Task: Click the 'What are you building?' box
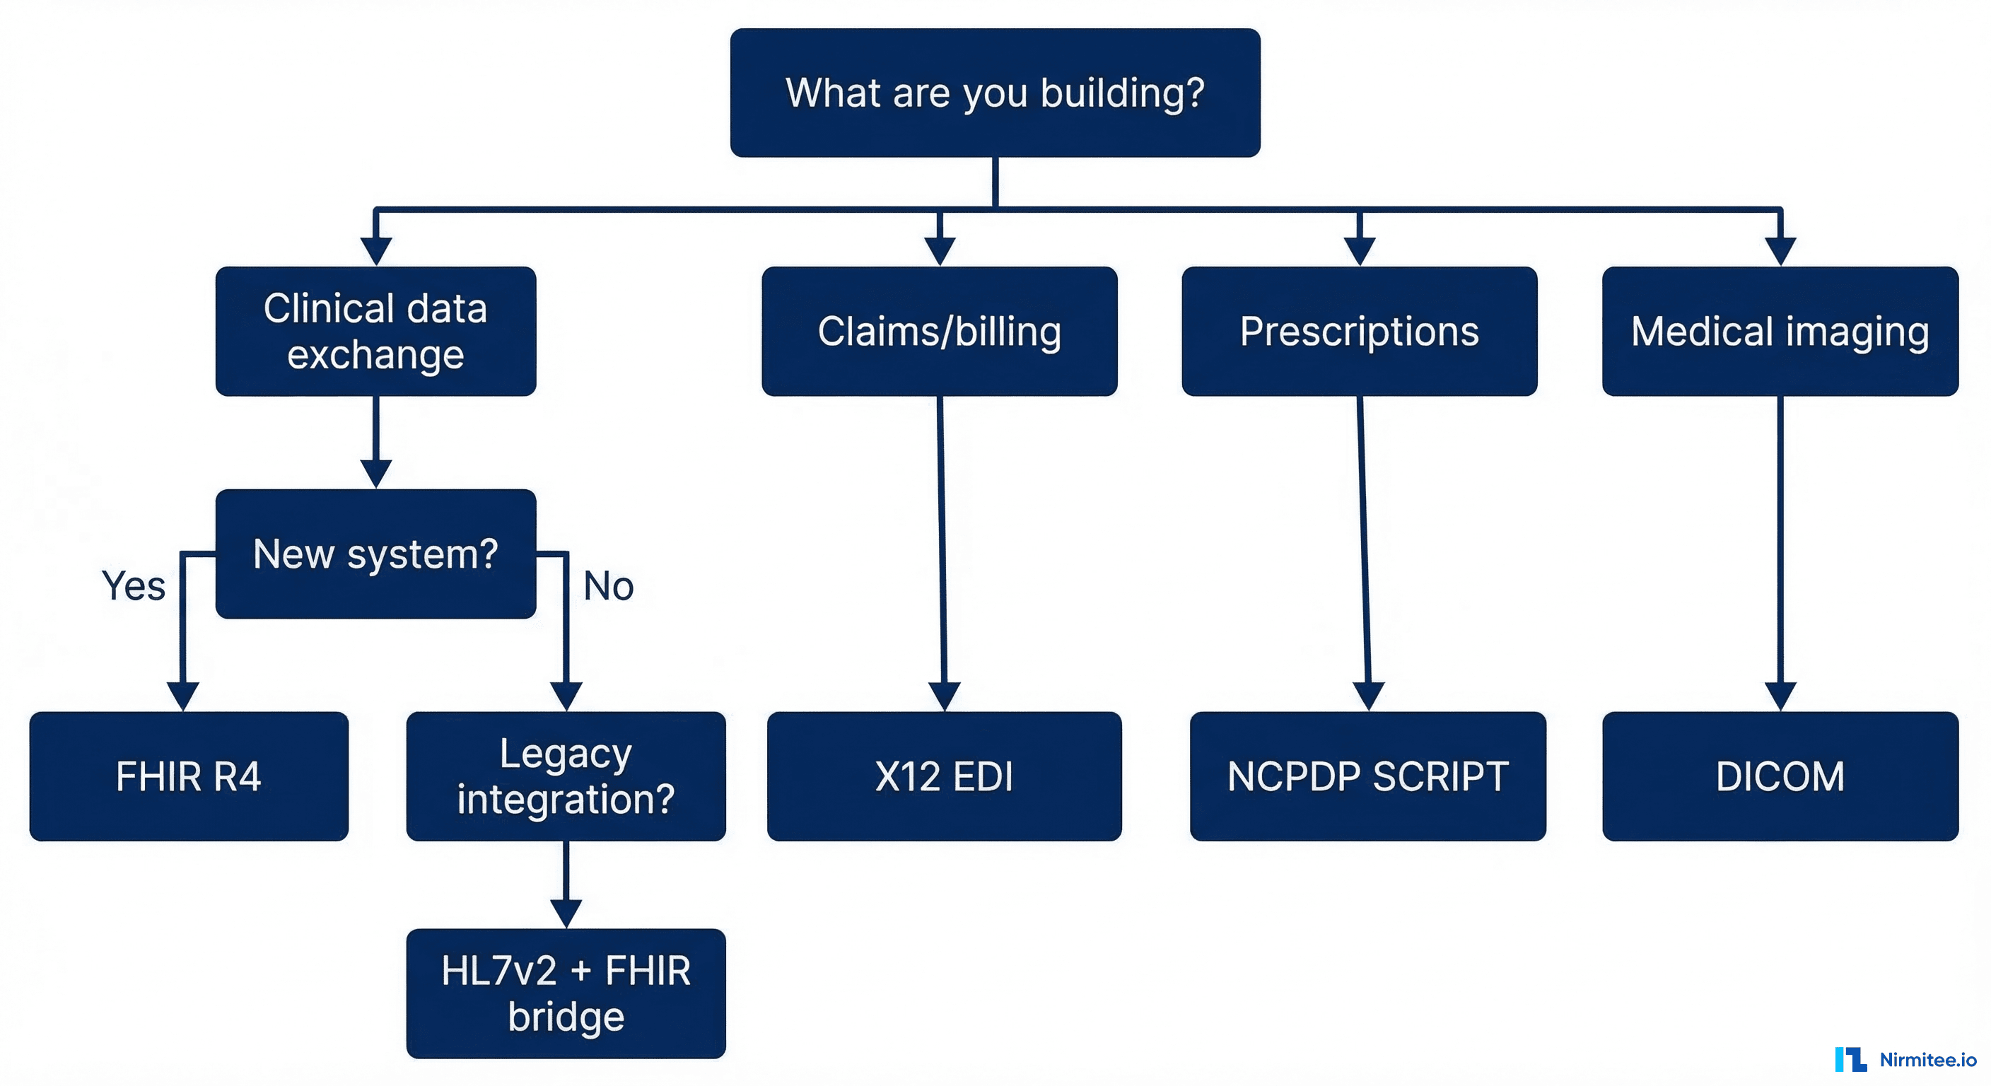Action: coord(995,93)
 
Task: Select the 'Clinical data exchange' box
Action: coord(375,331)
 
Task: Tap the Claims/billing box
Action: coord(939,331)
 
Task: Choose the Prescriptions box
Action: coord(1359,331)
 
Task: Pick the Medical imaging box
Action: coord(1779,331)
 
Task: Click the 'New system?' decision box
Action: coord(375,554)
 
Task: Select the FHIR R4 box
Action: coord(189,776)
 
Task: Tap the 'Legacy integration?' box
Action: coord(566,776)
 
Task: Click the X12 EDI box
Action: coord(944,776)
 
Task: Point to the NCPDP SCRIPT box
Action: coord(1367,776)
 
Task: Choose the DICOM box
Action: coord(1779,776)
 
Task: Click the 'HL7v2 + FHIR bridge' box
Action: coord(566,993)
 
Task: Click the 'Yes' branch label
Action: coord(134,586)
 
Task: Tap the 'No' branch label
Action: coord(608,586)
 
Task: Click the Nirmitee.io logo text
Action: coord(1927,1060)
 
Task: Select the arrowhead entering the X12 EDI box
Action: coord(944,695)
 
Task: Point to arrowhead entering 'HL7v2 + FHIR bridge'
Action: coord(566,912)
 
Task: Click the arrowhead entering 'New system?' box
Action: coord(375,472)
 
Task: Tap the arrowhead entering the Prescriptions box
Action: coord(1359,250)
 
